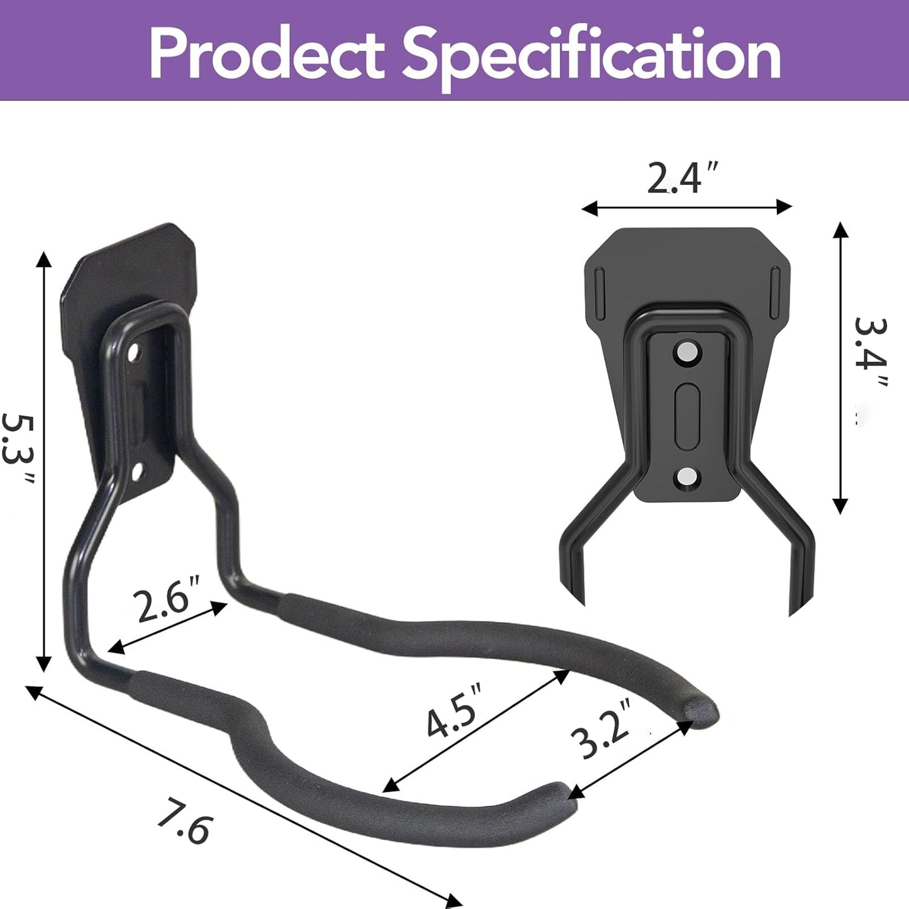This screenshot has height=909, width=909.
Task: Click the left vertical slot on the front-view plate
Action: pyautogui.click(x=598, y=284)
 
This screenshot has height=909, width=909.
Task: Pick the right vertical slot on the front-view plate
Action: pyautogui.click(x=775, y=284)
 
